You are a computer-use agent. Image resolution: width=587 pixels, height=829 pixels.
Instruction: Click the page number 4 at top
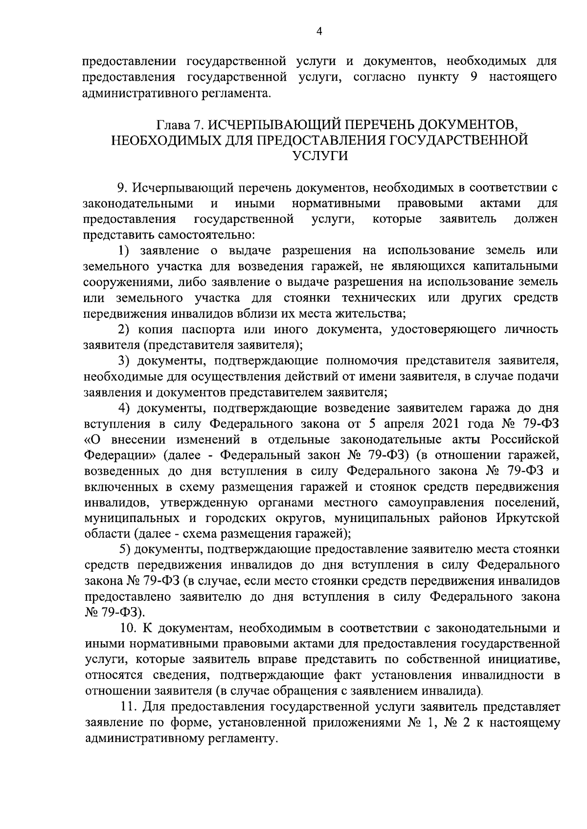pyautogui.click(x=319, y=32)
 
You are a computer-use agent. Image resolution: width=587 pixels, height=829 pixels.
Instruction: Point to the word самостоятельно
pyautogui.click(x=205, y=235)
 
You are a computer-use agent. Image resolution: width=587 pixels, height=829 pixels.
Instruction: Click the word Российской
pyautogui.click(x=524, y=439)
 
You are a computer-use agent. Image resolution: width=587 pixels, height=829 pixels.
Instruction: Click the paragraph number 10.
pyautogui.click(x=129, y=628)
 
